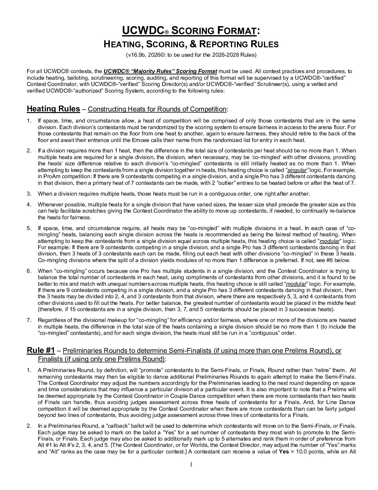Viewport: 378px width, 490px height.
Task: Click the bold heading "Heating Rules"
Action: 53,109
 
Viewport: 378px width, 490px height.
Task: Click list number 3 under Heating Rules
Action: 29,193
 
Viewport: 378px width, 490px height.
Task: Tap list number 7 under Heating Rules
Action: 29,320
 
